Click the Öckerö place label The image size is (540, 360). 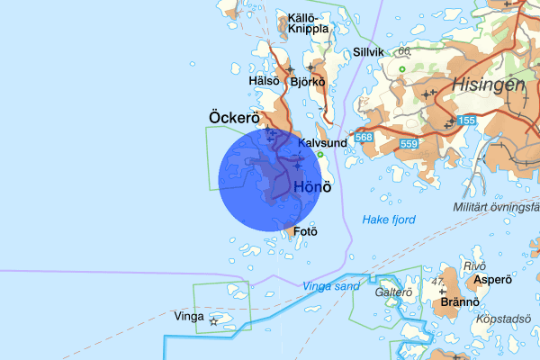pos(234,118)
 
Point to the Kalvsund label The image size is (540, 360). pos(321,143)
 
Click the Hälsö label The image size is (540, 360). pos(264,81)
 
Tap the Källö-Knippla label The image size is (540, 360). pos(309,22)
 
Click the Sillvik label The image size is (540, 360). pos(368,52)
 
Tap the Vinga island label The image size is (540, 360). pos(188,317)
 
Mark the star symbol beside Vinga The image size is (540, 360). pos(213,320)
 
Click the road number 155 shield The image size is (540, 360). pos(466,121)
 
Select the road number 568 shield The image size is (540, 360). pos(364,138)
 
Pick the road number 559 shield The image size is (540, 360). pos(409,144)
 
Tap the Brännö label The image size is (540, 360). pos(459,303)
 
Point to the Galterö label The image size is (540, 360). pos(393,292)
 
